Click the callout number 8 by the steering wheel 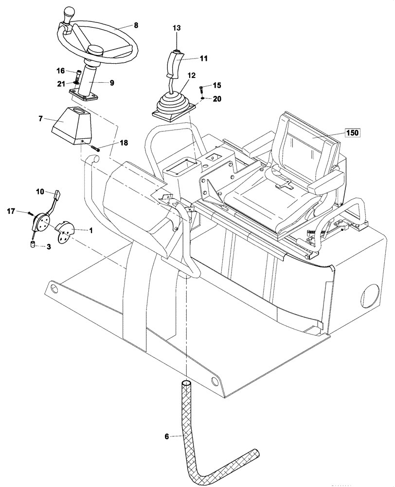pos(136,25)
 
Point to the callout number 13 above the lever pos(177,29)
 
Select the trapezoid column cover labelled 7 pos(72,125)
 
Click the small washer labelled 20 pos(200,99)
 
